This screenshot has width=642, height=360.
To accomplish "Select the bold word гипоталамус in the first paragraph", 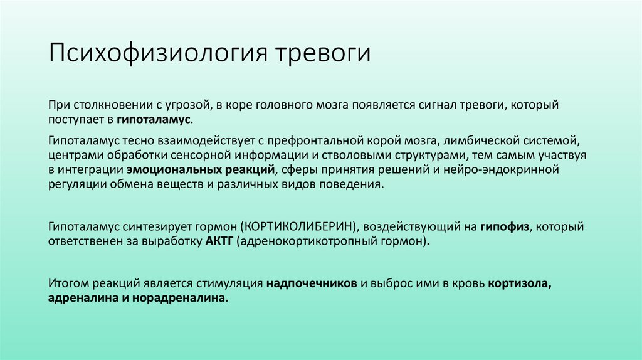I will click(x=156, y=119).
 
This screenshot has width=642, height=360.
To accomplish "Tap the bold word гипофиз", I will click(x=506, y=225).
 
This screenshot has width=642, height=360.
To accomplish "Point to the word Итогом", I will click(x=68, y=283).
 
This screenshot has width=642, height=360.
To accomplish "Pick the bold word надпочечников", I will click(x=312, y=283).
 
